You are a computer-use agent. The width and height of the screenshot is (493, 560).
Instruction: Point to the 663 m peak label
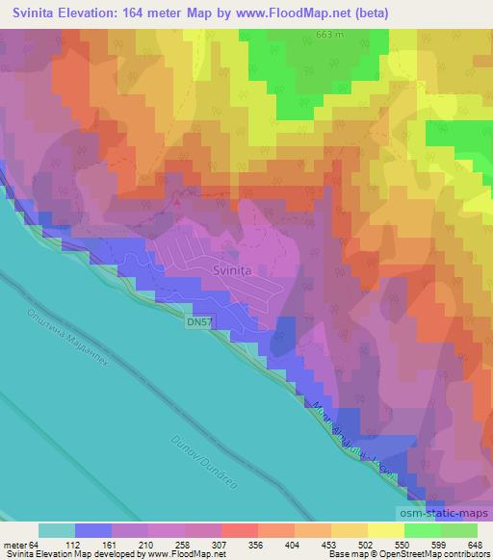pyautogui.click(x=328, y=35)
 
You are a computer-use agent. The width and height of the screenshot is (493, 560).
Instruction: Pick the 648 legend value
pyautogui.click(x=476, y=546)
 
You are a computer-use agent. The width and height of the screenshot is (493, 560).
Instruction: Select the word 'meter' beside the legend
pyautogui.click(x=15, y=546)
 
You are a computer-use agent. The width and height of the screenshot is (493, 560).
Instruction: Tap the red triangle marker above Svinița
pyautogui.click(x=175, y=202)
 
